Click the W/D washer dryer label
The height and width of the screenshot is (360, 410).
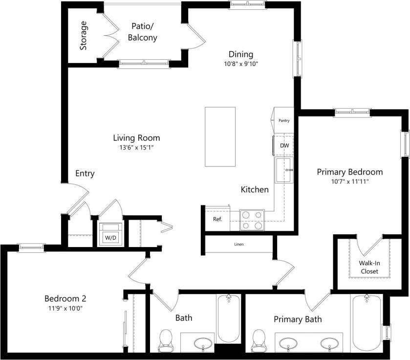(x=110, y=238)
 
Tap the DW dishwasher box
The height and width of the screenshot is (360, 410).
(x=284, y=146)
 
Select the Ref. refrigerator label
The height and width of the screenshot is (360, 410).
(x=217, y=219)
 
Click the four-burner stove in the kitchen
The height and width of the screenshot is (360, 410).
(x=252, y=220)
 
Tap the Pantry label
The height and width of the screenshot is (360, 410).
(x=284, y=120)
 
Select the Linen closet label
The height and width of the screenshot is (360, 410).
(x=239, y=244)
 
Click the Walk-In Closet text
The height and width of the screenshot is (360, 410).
(x=369, y=267)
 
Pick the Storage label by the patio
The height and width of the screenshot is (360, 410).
(x=84, y=36)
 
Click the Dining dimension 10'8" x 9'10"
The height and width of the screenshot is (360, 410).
(x=241, y=64)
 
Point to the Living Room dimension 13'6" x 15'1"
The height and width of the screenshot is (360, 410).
(x=136, y=147)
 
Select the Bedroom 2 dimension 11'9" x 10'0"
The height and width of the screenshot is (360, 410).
(x=65, y=308)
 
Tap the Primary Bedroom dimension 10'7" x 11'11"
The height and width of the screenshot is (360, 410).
(x=349, y=181)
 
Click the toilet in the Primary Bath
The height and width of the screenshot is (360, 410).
(x=258, y=338)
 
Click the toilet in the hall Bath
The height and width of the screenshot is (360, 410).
(x=167, y=338)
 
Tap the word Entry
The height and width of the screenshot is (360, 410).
(x=85, y=174)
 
